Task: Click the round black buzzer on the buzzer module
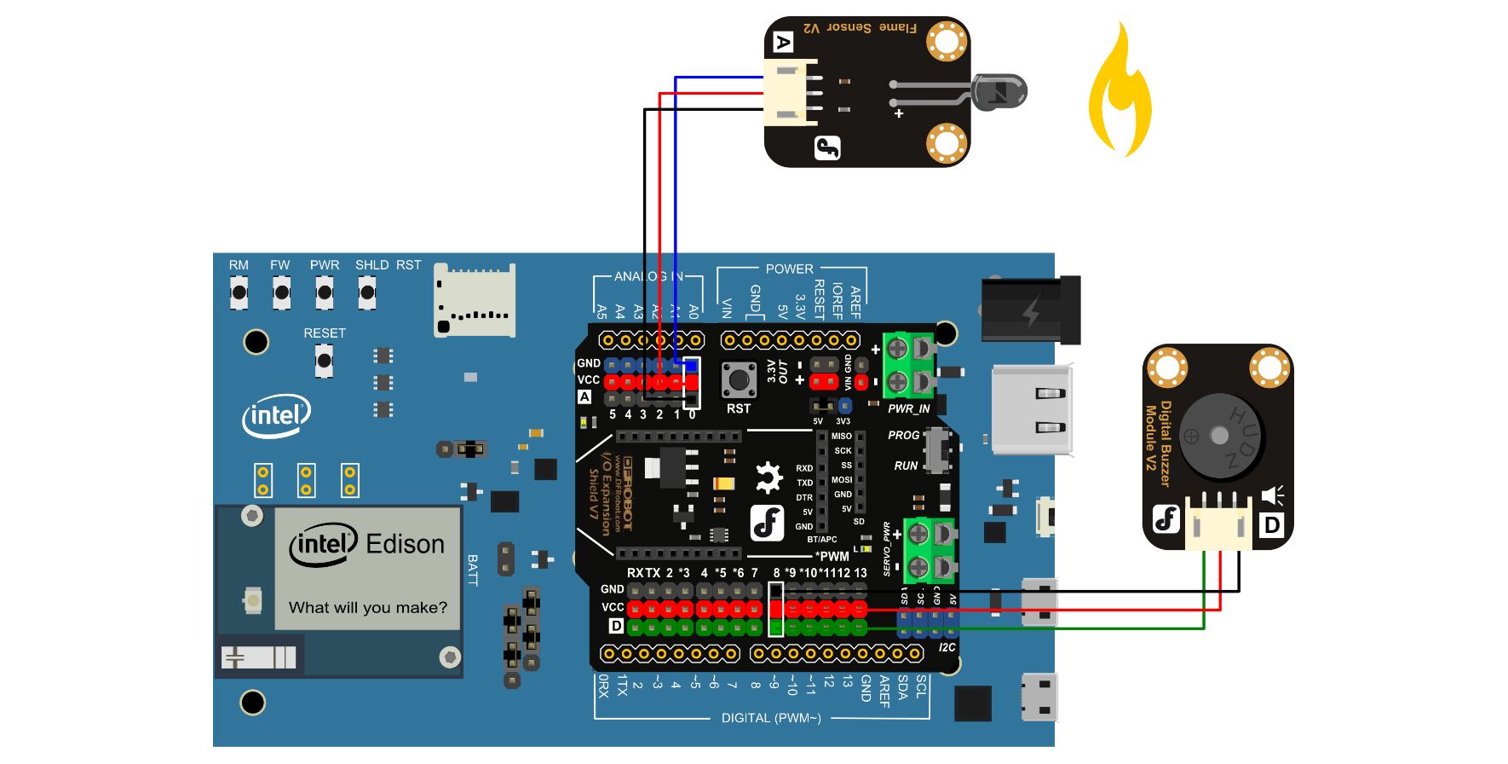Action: [1218, 436]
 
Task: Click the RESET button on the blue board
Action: [324, 360]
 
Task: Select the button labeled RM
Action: [239, 292]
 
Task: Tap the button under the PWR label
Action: [325, 292]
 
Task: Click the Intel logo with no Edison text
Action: [276, 415]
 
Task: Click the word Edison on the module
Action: [405, 544]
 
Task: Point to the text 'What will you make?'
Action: [367, 607]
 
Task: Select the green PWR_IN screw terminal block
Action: [908, 365]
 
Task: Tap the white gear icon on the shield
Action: [768, 477]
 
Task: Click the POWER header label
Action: [789, 269]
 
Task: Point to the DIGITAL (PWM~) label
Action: [771, 718]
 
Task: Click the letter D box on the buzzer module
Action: [1271, 524]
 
